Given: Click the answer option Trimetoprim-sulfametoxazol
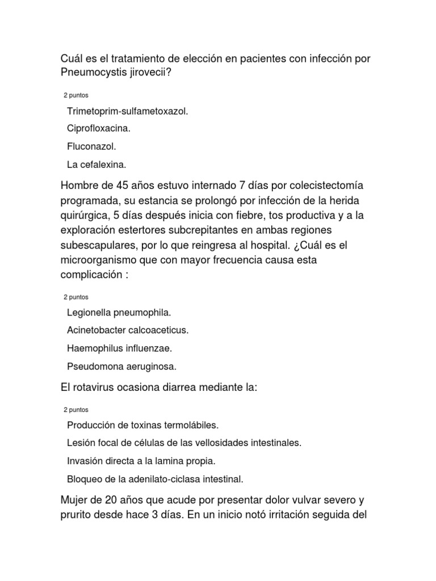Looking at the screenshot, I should (127, 111).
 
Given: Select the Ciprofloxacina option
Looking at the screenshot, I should (98, 129).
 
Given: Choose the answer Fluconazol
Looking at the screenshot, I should (91, 146).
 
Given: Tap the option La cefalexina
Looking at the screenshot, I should (96, 165).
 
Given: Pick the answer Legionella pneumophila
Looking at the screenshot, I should (119, 313).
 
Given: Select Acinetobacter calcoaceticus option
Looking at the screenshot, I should (127, 330).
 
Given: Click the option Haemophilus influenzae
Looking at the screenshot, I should (119, 348).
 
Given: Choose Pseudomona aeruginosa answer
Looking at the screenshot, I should (121, 366).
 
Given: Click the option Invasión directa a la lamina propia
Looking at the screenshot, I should (141, 461).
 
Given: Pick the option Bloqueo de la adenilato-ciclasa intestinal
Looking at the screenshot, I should (155, 479).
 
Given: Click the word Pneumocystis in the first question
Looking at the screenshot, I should (91, 73).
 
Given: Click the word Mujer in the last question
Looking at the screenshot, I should (74, 500).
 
